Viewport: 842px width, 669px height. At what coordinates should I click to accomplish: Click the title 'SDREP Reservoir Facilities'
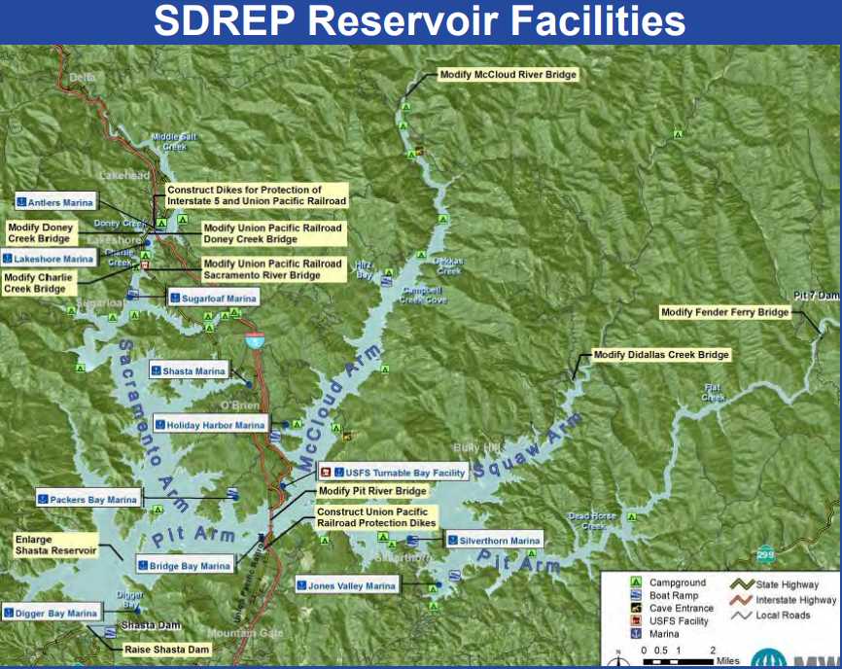[x=420, y=21]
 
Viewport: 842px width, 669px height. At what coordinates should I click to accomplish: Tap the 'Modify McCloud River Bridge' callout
[x=508, y=75]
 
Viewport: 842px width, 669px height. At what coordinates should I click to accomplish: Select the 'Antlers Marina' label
[x=55, y=202]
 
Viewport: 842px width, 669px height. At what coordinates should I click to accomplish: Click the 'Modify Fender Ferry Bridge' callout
[x=724, y=312]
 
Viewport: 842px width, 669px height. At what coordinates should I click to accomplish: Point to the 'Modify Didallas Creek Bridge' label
[x=660, y=355]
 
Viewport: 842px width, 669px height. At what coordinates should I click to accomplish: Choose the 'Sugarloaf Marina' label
[x=213, y=299]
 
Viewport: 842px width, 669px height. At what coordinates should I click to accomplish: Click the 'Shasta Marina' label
[x=189, y=370]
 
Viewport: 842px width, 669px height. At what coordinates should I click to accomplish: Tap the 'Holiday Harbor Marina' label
[x=210, y=425]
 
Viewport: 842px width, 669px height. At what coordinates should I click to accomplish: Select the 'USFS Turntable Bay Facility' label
[x=394, y=473]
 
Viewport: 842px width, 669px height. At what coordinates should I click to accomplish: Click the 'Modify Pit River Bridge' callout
[x=372, y=491]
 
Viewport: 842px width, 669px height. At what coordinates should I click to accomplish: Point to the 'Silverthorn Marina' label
[x=479, y=541]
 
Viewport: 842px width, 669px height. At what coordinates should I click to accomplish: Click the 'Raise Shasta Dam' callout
[x=166, y=649]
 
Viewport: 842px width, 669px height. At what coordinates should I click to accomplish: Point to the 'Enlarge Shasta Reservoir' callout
[x=55, y=545]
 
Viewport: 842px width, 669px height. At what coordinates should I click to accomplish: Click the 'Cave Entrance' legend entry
[x=680, y=608]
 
